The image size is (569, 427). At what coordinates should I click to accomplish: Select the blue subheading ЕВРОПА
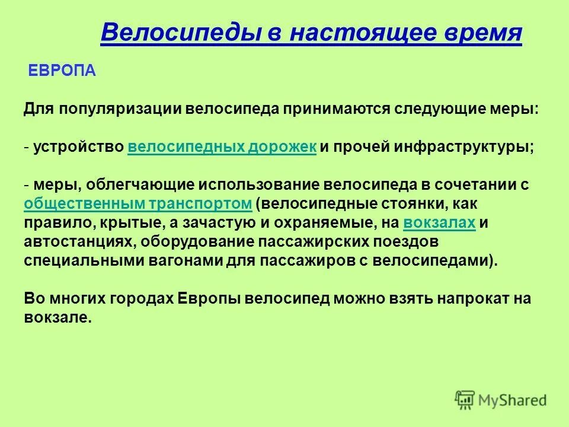62,71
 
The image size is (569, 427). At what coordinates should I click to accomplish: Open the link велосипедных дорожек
222,148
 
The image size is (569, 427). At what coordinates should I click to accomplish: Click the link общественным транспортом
139,203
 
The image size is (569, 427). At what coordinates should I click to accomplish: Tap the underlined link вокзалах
439,223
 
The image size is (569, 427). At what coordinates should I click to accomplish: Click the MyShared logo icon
465,400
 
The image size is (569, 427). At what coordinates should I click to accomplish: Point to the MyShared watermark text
513,401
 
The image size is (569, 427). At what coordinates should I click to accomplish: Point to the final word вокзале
58,318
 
